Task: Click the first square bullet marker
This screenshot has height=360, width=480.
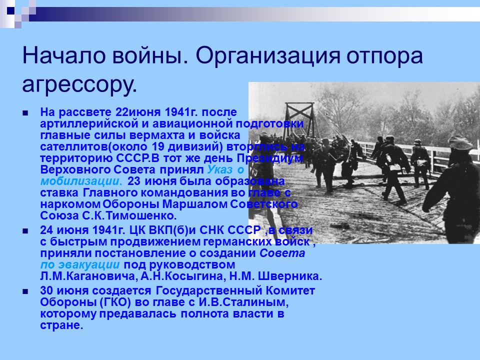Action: [x=25, y=112]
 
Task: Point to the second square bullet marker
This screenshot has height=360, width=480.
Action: [x=25, y=231]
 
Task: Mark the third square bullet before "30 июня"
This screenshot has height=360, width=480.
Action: [x=25, y=291]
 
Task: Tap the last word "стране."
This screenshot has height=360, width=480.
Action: [x=61, y=325]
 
